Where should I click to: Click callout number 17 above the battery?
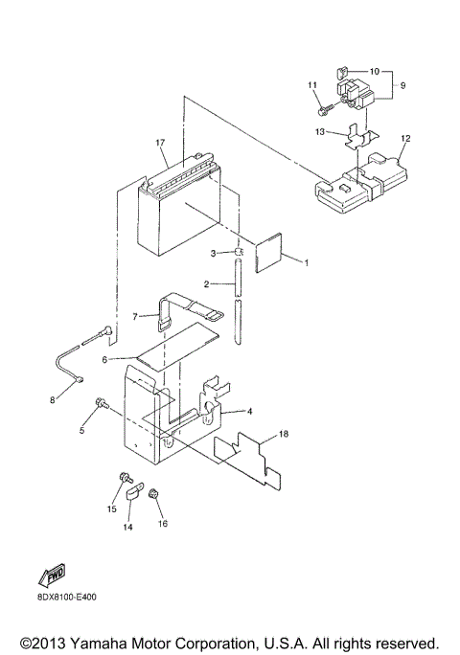(162, 144)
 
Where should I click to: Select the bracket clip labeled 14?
(133, 498)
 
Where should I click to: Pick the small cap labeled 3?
(232, 252)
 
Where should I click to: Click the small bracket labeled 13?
(356, 140)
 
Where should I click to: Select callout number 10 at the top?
(374, 71)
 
